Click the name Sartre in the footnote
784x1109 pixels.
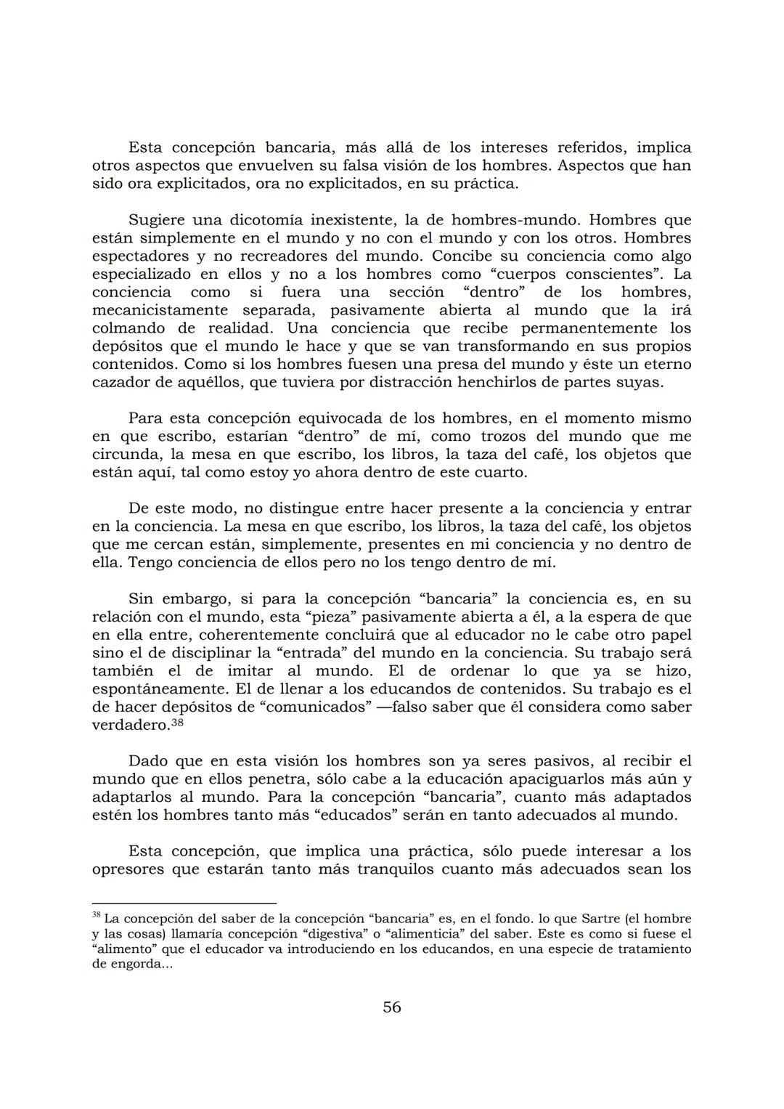586,919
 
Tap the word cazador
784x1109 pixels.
120,382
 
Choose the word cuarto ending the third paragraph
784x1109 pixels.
502,473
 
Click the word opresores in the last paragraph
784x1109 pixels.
128,869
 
